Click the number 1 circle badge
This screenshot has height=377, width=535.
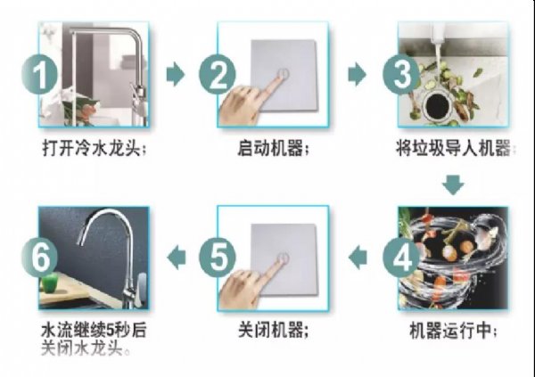39,75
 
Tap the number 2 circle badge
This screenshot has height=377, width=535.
218,75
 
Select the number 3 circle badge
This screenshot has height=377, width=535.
401,75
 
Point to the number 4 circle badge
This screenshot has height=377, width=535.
401,258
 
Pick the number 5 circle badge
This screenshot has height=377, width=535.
218,258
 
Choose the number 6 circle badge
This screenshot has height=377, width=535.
39,257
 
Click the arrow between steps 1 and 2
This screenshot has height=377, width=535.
176,74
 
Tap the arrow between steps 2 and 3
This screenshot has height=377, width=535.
357,74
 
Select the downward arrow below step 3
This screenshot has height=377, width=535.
453,185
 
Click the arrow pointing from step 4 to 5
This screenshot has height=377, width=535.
358,258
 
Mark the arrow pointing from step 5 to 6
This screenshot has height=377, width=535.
177,258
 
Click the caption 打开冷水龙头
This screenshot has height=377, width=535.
94,149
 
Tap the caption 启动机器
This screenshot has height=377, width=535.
273,149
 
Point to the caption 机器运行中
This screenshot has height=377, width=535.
453,331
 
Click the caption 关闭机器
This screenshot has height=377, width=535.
273,331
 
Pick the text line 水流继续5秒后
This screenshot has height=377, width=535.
94,331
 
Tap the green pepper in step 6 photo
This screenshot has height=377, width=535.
50,283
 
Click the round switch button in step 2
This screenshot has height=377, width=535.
284,73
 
